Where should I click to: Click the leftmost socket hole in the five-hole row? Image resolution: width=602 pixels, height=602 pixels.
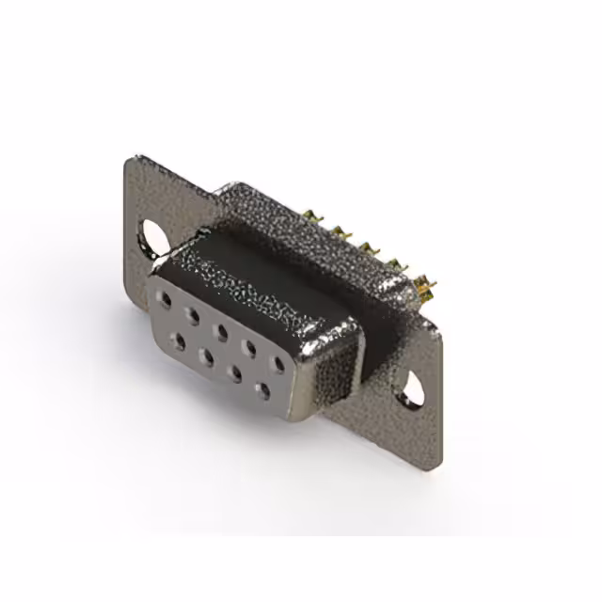click(x=166, y=300)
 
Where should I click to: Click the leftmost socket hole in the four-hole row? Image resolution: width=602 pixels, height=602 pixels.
click(x=177, y=340)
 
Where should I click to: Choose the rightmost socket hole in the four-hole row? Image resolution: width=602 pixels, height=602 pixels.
click(x=262, y=387)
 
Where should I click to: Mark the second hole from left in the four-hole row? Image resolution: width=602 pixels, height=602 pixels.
click(x=205, y=356)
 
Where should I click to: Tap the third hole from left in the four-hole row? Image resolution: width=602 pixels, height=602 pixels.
click(x=234, y=371)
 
